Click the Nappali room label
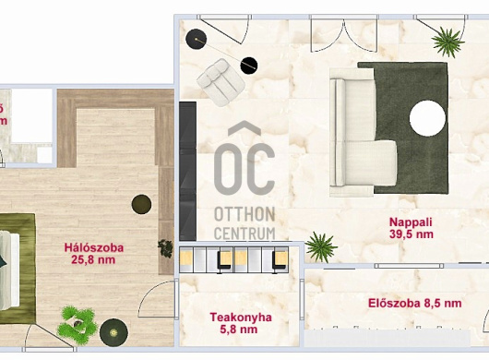coord(411,222)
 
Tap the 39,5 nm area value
coord(411,234)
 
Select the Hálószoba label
coord(94,248)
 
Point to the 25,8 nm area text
coord(93,260)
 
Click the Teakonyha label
coord(241,318)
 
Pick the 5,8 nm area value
coord(239,330)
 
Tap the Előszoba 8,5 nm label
coord(415,303)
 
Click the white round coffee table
coord(427,118)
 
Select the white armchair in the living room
coord(221,82)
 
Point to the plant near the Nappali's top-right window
coord(447,42)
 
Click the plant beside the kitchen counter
coord(320,247)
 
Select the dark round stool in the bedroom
coord(141,204)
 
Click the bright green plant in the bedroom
coord(78,322)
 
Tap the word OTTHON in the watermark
coord(244,215)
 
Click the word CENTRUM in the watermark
coord(244,234)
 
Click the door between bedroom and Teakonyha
coord(158,298)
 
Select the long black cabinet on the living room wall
coord(187,171)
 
